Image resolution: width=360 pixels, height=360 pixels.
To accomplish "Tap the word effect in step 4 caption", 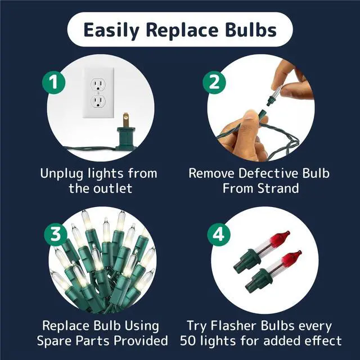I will coord(322,340).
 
